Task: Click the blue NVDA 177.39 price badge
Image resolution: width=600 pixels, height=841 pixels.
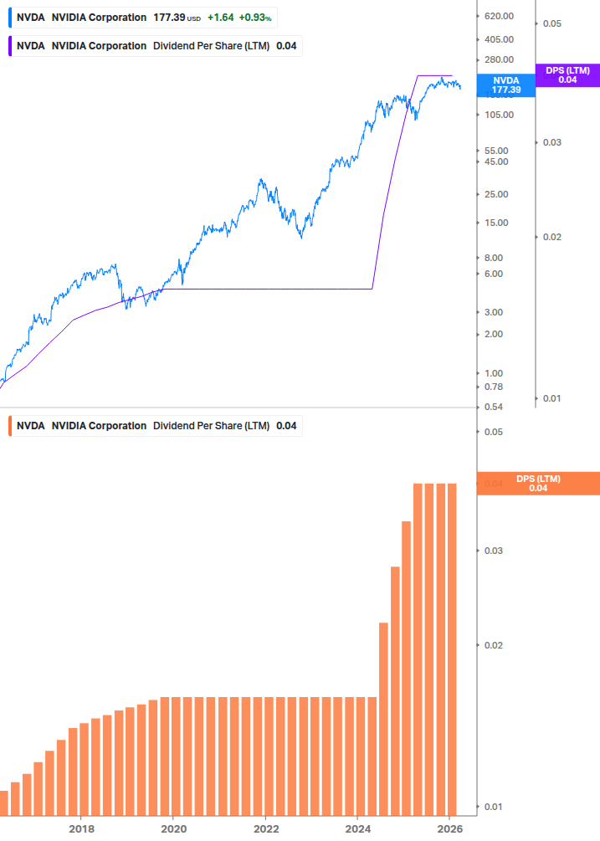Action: [505, 85]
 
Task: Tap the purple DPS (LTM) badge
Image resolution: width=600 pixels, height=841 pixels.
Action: [567, 75]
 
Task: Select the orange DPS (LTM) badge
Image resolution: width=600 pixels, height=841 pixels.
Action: [537, 483]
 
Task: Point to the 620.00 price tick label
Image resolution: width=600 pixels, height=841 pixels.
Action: [500, 17]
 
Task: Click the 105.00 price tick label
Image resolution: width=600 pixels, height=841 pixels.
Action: [500, 115]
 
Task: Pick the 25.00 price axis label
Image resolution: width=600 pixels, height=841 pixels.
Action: [497, 194]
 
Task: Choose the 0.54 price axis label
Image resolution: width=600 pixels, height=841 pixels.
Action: [495, 407]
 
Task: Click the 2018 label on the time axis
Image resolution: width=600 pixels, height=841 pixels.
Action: [81, 829]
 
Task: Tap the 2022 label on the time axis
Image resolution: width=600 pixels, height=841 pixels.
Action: [265, 829]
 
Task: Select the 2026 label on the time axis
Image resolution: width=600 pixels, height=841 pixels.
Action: [449, 829]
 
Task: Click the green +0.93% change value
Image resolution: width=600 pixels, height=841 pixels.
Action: [256, 18]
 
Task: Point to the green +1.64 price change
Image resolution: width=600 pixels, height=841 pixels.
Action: [220, 18]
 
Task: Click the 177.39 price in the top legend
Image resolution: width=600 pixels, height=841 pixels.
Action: [169, 18]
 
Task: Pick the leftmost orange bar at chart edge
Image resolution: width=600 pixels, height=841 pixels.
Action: [3, 803]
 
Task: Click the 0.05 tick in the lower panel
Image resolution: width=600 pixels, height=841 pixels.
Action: [492, 432]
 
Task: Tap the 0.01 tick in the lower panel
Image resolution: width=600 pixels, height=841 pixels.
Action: [492, 807]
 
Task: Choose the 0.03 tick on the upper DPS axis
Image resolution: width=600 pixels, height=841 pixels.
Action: [551, 142]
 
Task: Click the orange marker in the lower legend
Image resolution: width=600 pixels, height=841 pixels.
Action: [9, 426]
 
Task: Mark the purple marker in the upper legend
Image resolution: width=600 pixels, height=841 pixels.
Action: [9, 45]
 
